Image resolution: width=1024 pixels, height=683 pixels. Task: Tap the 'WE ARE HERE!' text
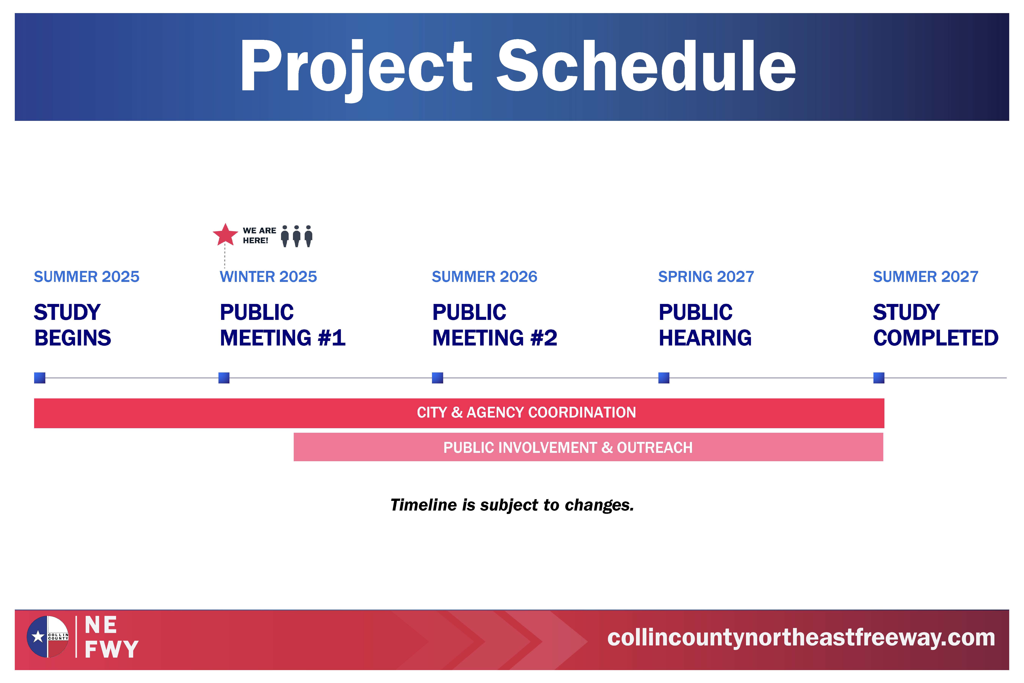[x=259, y=235]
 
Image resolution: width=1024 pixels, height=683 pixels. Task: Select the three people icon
[x=297, y=236]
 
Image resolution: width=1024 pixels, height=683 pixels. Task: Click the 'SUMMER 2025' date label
[x=87, y=277]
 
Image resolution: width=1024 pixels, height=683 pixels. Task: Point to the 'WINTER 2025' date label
[x=268, y=277]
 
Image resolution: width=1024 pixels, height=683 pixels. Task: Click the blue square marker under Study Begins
[x=40, y=378]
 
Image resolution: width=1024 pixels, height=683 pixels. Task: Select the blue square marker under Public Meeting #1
[x=224, y=378]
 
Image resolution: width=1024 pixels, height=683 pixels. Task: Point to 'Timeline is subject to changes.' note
[x=512, y=505]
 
